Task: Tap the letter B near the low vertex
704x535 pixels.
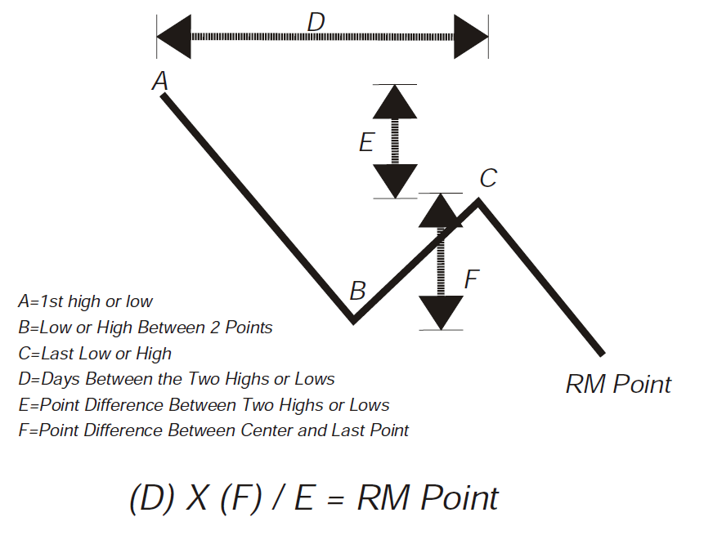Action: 357,291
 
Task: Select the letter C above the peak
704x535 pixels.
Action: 488,178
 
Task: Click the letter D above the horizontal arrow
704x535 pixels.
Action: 316,22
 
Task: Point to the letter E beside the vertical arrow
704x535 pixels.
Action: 366,143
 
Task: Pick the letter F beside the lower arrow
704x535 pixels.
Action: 471,279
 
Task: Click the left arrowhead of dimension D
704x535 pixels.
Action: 173,37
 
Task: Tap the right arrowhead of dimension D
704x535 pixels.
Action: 471,37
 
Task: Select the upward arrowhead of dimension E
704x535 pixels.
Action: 395,101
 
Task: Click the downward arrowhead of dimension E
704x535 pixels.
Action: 395,181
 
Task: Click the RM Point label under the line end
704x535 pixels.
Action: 618,384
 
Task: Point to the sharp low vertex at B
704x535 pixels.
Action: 353,321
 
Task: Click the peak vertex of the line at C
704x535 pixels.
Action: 479,201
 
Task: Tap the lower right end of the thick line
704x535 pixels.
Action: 602,353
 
